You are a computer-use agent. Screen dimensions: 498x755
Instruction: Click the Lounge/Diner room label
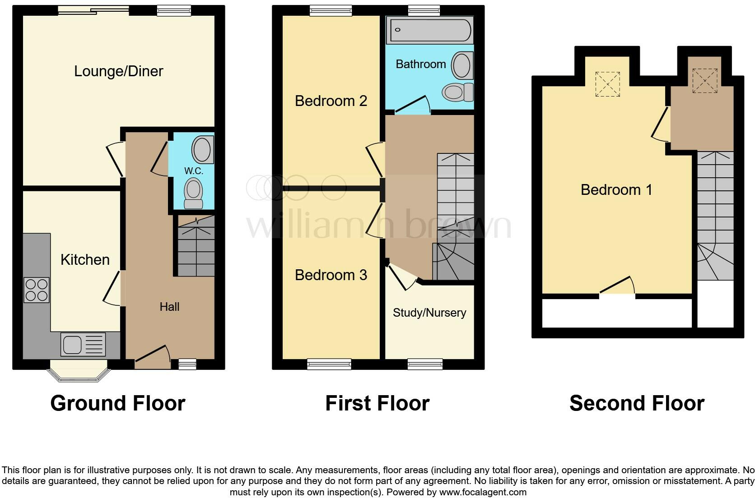click(118, 71)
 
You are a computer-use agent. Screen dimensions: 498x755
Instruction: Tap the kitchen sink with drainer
click(83, 345)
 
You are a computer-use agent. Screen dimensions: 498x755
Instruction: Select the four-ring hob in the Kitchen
click(37, 290)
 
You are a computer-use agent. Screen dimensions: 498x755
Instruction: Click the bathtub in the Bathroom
click(429, 31)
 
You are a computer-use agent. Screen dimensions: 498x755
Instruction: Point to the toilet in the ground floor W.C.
click(194, 194)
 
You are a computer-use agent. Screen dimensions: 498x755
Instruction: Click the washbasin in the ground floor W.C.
click(202, 150)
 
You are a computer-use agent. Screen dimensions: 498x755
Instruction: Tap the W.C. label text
click(193, 171)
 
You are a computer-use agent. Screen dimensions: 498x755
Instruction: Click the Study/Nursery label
click(429, 313)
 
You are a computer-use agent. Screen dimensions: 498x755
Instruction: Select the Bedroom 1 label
click(616, 190)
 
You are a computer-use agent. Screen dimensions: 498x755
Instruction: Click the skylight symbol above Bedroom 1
click(607, 84)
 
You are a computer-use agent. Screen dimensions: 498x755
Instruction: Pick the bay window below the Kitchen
click(79, 371)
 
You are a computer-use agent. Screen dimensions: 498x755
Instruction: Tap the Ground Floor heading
click(118, 403)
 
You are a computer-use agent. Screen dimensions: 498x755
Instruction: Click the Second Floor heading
click(637, 403)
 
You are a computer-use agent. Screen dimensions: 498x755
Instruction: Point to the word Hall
click(169, 307)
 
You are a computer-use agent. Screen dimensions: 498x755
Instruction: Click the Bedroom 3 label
click(331, 275)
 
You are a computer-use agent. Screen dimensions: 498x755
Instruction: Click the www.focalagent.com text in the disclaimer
click(482, 492)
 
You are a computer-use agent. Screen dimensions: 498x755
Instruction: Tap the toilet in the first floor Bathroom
click(457, 92)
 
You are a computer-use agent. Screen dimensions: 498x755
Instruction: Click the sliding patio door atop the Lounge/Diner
click(94, 10)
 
